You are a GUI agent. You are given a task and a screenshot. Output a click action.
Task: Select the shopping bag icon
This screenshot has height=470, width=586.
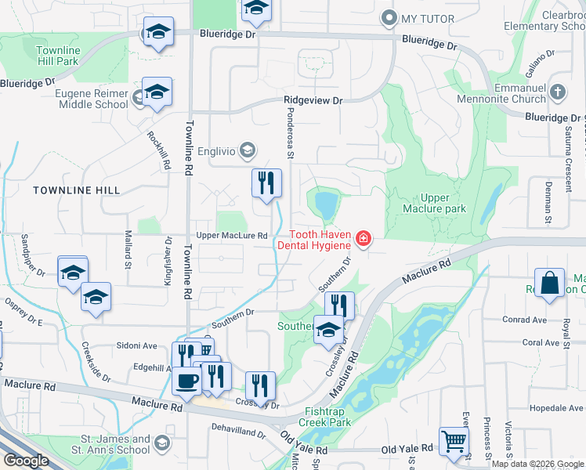pyautogui.click(x=550, y=284)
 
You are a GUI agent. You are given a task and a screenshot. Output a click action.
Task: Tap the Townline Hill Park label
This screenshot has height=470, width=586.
pyautogui.click(x=57, y=56)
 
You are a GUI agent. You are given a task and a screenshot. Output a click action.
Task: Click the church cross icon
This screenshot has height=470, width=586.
pyautogui.click(x=557, y=92)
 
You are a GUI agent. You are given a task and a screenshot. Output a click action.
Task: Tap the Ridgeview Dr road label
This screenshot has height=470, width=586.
pyautogui.click(x=313, y=101)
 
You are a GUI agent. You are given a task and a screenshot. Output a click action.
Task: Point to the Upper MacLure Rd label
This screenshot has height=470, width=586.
pyautogui.click(x=232, y=235)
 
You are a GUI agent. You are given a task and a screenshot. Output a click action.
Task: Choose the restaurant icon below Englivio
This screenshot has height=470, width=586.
pyautogui.click(x=266, y=183)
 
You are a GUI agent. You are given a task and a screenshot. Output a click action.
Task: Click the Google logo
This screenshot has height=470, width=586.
pyautogui.click(x=25, y=461)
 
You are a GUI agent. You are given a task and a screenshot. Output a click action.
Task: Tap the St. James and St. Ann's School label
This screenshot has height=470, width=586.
pyautogui.click(x=110, y=445)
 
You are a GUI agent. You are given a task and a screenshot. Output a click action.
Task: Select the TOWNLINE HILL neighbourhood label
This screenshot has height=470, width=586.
pyautogui.click(x=77, y=190)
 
